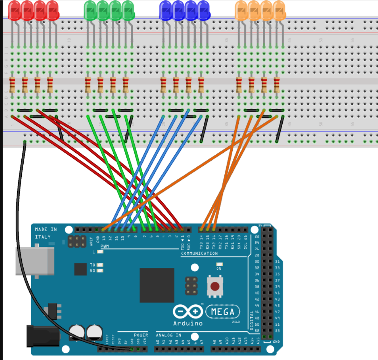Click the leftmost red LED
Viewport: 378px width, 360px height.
coord(14,10)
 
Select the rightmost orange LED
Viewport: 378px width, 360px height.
coord(279,10)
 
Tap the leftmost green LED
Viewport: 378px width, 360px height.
coord(90,10)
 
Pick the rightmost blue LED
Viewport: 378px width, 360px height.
coord(204,10)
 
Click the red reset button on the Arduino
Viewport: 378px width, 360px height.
coord(215,286)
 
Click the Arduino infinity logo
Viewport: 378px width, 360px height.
coord(188,312)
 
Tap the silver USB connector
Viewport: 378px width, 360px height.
coord(29,261)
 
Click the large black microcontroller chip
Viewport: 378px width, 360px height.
coord(157,285)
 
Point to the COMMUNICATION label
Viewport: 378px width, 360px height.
coord(199,253)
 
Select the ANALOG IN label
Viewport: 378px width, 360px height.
coord(168,335)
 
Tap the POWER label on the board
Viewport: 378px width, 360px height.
coord(141,335)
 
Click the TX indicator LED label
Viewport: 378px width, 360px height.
coord(93,265)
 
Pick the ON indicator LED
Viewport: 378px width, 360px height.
coord(219,264)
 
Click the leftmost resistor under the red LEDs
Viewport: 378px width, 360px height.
coord(13,85)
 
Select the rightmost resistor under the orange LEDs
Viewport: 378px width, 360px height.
coord(277,85)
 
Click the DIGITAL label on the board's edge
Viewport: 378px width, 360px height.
coord(251,319)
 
